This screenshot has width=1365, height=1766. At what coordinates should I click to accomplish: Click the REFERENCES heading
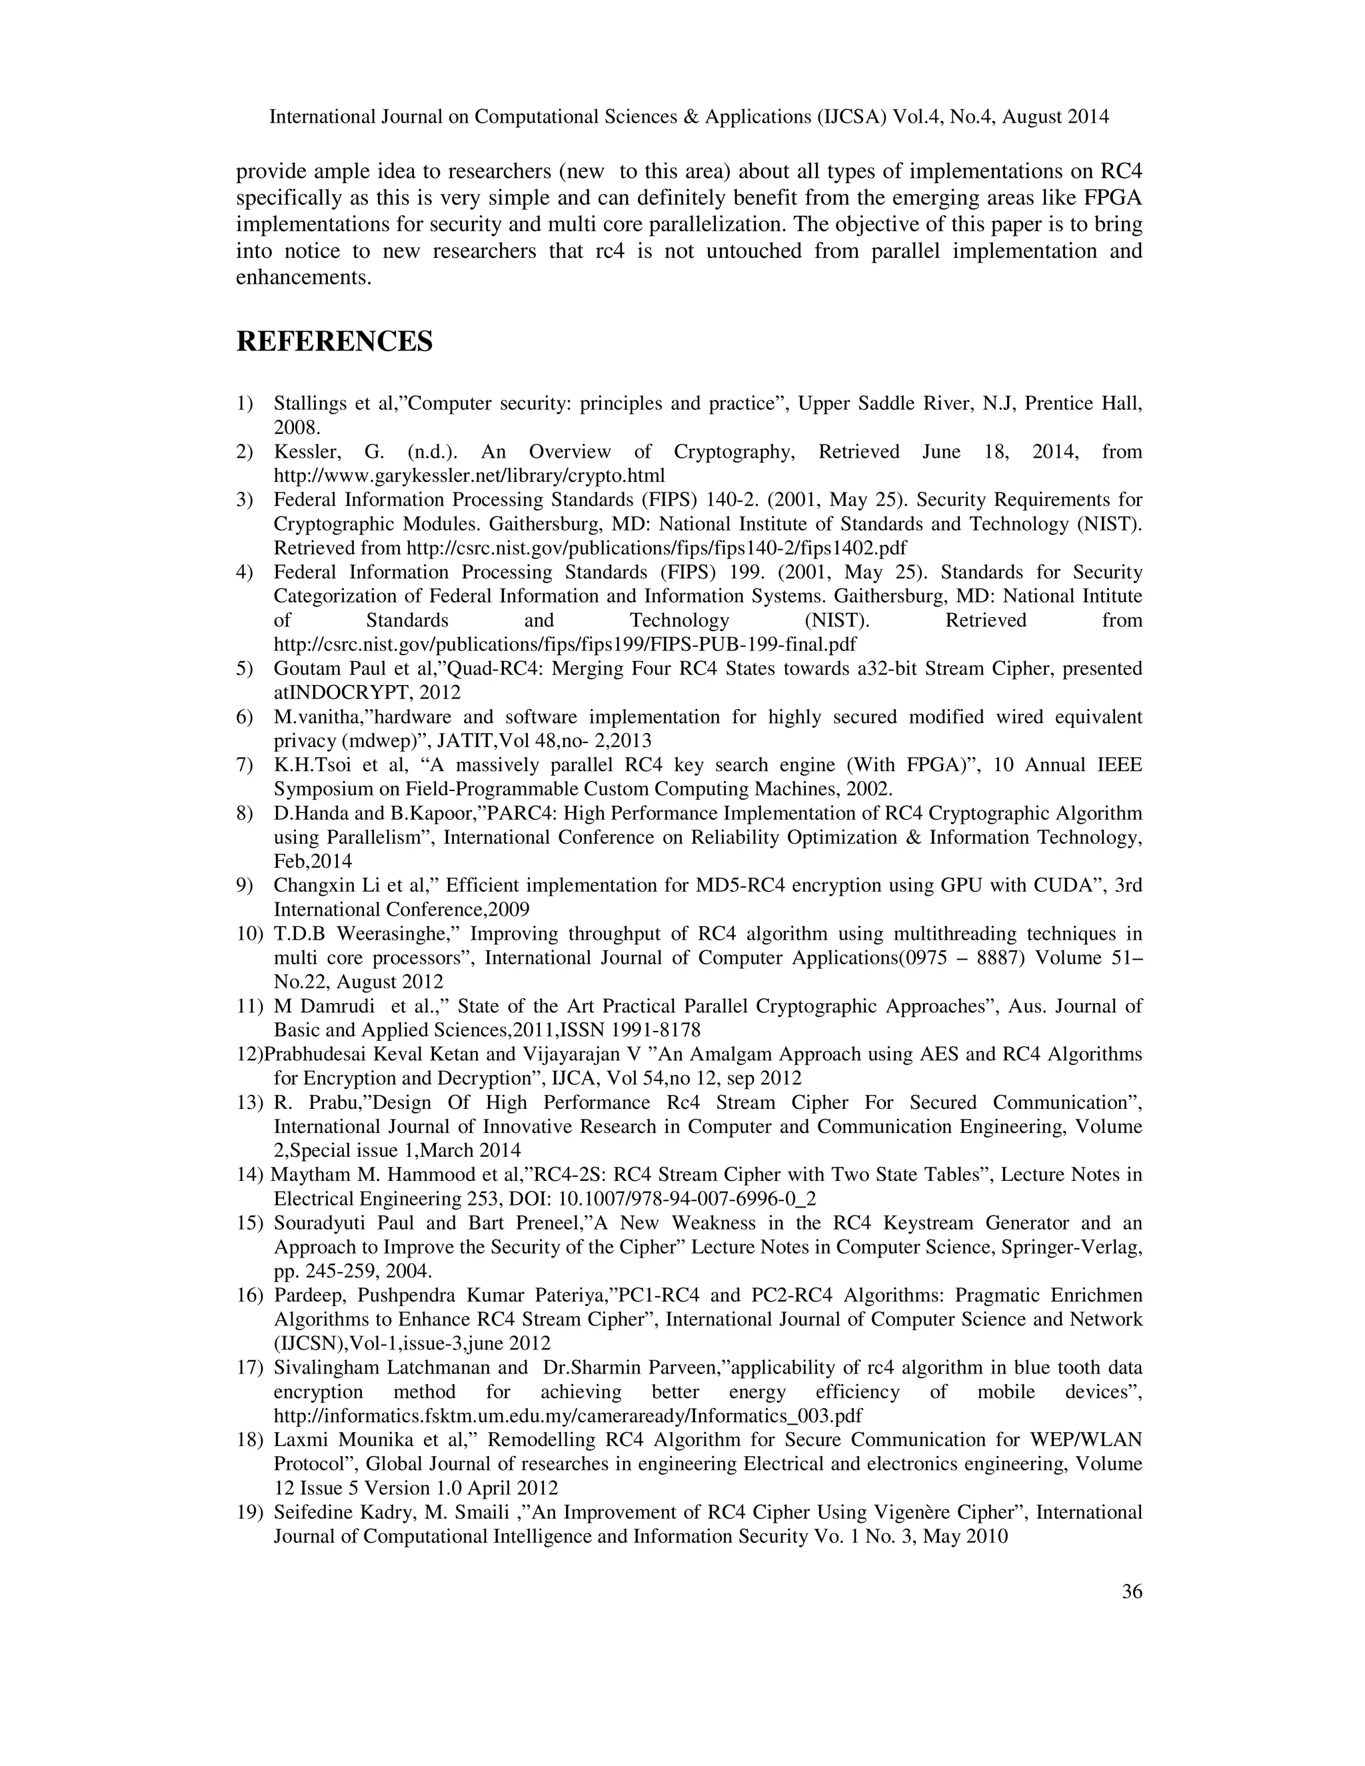[x=334, y=341]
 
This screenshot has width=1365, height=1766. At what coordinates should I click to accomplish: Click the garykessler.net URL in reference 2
[x=469, y=475]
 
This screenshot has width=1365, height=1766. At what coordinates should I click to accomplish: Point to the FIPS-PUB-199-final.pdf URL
[x=565, y=644]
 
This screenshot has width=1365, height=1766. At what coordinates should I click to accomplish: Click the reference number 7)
[x=245, y=765]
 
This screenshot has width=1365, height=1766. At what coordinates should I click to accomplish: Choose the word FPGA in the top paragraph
[x=1118, y=198]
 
